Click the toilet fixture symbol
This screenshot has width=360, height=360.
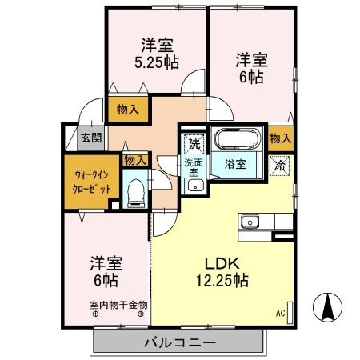pos(136,191)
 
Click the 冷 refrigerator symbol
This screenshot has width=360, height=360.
pos(280,166)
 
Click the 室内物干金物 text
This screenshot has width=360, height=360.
pos(118,304)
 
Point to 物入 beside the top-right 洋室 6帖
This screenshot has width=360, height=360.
pos(280,138)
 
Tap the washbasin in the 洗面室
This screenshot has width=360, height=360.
pos(194,186)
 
